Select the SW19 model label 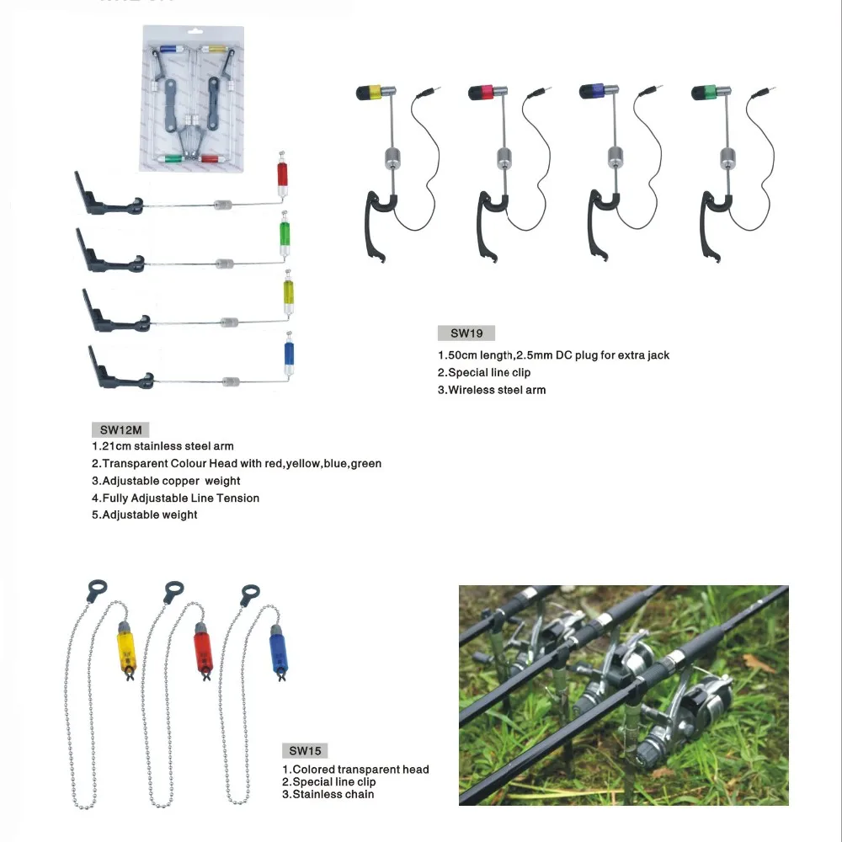click(x=466, y=333)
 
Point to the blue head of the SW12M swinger click(x=290, y=355)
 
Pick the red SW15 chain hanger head click(x=202, y=647)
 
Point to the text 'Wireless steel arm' click(x=497, y=390)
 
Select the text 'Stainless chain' click(x=333, y=794)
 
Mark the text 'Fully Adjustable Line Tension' click(x=180, y=498)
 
